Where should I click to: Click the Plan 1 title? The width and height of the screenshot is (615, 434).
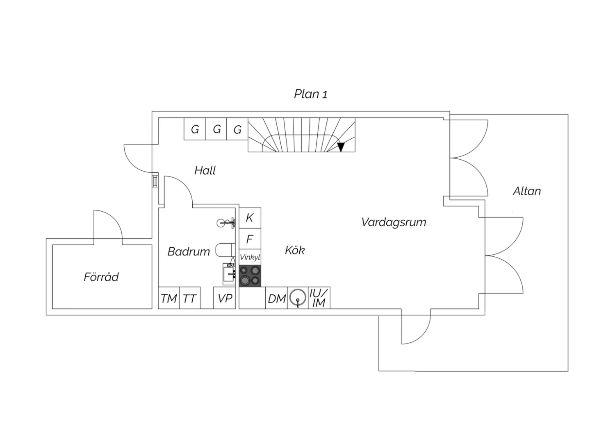[310, 94]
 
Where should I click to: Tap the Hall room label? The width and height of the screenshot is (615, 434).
[205, 171]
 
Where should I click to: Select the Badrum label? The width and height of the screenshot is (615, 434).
[189, 252]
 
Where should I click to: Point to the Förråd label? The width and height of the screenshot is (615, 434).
[101, 277]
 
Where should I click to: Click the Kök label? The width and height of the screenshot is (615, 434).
[295, 250]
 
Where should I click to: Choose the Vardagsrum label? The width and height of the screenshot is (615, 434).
[394, 222]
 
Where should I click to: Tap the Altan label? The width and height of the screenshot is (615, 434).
[527, 191]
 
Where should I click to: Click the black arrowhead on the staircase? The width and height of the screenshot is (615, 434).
[341, 147]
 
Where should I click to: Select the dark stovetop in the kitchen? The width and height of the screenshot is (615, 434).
[250, 276]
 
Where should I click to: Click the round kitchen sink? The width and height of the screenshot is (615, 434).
[298, 298]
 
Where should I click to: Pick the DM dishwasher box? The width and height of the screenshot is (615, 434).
[276, 298]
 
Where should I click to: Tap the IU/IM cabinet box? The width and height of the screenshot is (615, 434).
[319, 298]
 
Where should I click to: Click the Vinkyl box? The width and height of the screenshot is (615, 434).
[250, 257]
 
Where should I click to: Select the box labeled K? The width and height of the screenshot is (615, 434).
[250, 218]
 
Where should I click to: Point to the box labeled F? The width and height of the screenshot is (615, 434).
[250, 239]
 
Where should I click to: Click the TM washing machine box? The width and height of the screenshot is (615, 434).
[169, 298]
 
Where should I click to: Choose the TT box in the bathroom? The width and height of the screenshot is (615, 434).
[190, 298]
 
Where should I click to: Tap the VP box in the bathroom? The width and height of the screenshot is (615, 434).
[225, 298]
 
